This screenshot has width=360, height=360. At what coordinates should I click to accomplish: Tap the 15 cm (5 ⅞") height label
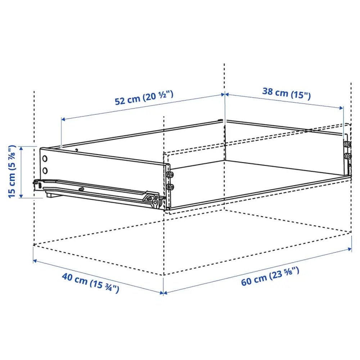[x=12, y=171]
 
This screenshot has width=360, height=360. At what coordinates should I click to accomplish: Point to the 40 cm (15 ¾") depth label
[x=90, y=283]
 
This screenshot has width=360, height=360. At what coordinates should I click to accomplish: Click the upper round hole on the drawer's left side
[x=45, y=158]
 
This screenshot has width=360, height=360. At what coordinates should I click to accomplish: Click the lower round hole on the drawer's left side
[x=45, y=170]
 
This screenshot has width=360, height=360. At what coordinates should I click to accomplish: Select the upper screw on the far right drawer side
[x=347, y=144]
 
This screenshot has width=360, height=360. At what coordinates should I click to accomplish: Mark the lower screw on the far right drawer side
[x=347, y=156]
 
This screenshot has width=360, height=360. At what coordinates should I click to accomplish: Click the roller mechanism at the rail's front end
[x=153, y=200]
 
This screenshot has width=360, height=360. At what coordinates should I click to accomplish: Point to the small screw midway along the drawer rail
[x=81, y=188]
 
